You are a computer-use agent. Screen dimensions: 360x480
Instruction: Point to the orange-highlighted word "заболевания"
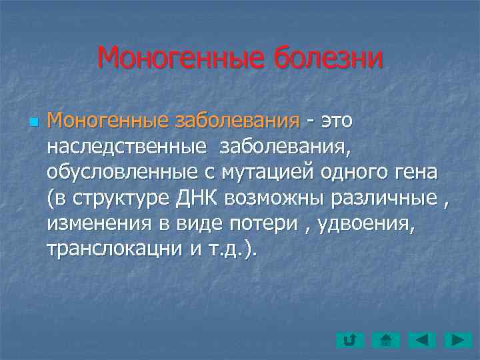point(225,121)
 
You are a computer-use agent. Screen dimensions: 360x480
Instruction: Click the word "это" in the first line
point(336,121)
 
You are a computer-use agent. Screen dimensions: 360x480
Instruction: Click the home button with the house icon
point(385,341)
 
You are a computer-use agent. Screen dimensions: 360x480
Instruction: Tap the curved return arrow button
point(349,341)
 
